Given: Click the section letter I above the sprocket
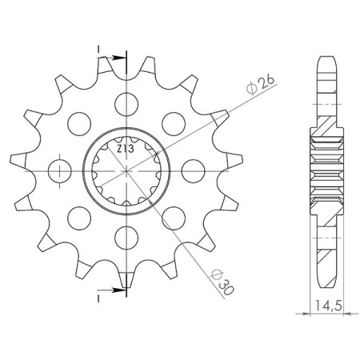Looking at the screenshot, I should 98,50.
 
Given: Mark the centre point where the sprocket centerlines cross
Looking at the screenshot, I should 124,170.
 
